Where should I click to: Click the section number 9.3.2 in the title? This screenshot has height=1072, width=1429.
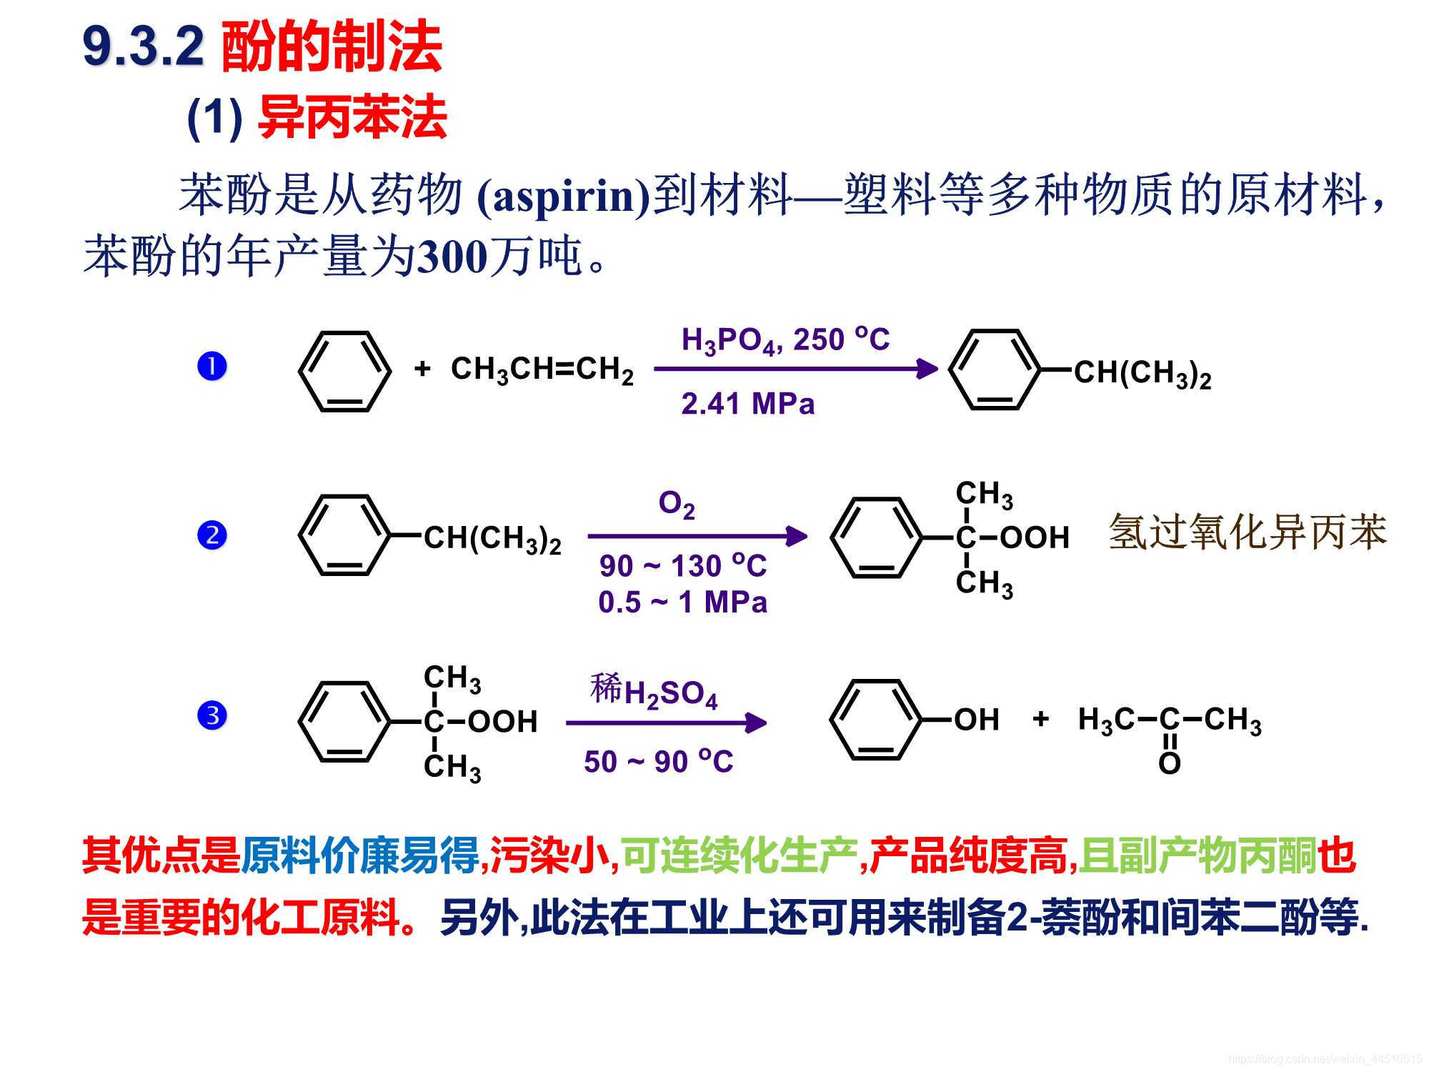144,47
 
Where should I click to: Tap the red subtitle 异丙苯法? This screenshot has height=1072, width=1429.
352,117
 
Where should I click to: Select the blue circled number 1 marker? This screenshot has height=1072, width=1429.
211,367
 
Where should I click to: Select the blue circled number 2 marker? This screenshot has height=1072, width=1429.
211,535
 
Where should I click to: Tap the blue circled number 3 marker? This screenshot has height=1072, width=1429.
211,715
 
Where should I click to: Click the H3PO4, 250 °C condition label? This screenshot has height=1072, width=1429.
785,340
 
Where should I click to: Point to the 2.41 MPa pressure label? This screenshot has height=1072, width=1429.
747,404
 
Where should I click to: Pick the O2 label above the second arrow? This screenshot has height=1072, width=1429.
676,505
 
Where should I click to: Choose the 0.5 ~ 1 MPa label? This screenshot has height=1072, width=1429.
682,602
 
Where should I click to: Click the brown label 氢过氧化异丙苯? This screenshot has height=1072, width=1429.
1247,532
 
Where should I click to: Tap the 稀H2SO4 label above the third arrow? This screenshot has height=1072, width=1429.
654,691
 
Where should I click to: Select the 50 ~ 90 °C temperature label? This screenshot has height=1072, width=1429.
658,762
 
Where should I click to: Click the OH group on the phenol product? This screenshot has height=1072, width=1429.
976,720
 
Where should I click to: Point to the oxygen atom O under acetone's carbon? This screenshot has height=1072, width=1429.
1169,764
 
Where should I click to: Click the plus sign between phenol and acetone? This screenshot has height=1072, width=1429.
1040,718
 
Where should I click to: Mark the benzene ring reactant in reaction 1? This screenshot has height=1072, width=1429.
345,371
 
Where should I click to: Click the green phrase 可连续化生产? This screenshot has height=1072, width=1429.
740,855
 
